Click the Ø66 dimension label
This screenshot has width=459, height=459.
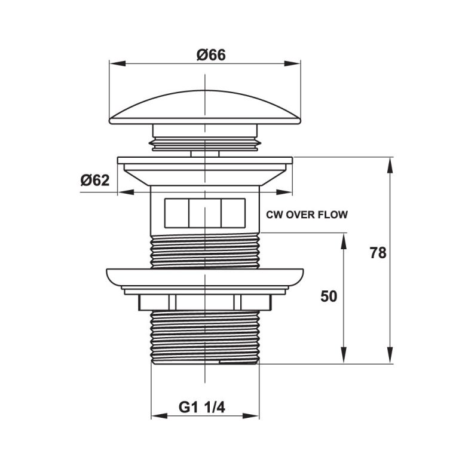coord(211,54)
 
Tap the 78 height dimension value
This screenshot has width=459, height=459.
coord(377,253)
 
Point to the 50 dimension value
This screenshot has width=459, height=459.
coord(329,296)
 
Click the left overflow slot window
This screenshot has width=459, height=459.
coord(176,212)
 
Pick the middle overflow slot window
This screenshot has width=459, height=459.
coord(204,212)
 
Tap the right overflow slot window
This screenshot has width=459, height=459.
coord(233,212)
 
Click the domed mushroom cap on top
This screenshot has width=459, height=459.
coord(205,108)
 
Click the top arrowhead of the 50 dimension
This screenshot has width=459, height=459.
coord(344,240)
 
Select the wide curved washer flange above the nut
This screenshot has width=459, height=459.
coord(205,277)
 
